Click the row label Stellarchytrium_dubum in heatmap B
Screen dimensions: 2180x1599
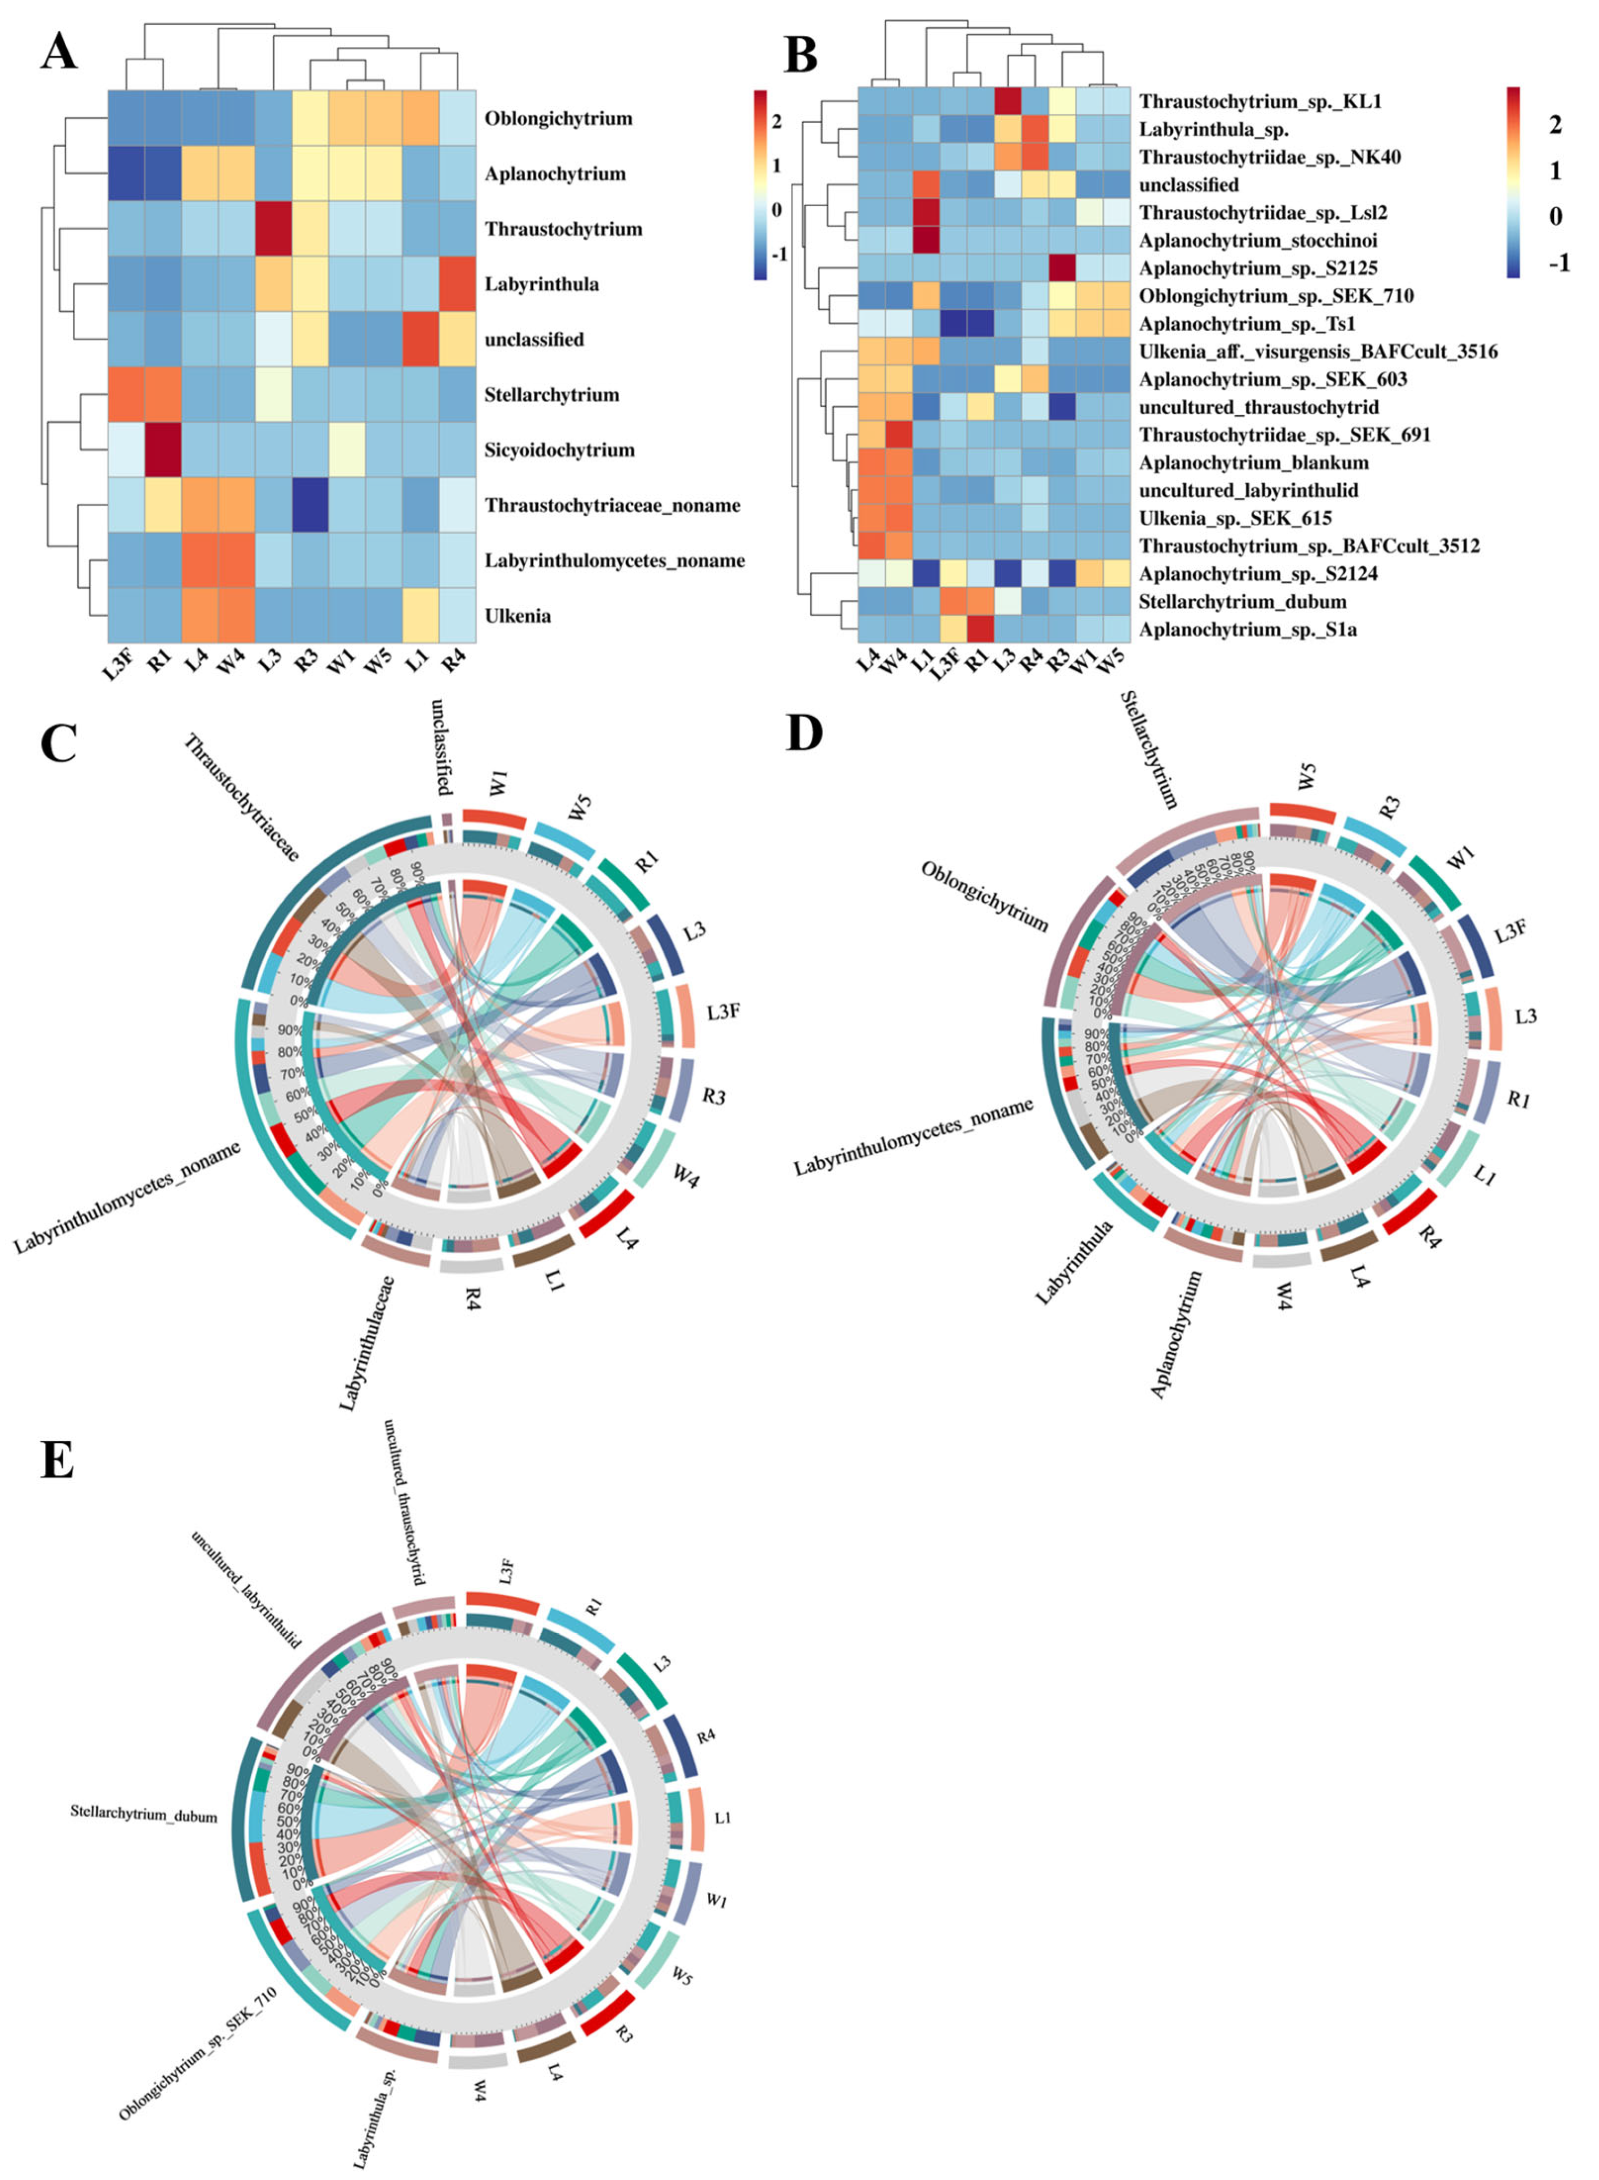click(x=1242, y=601)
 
